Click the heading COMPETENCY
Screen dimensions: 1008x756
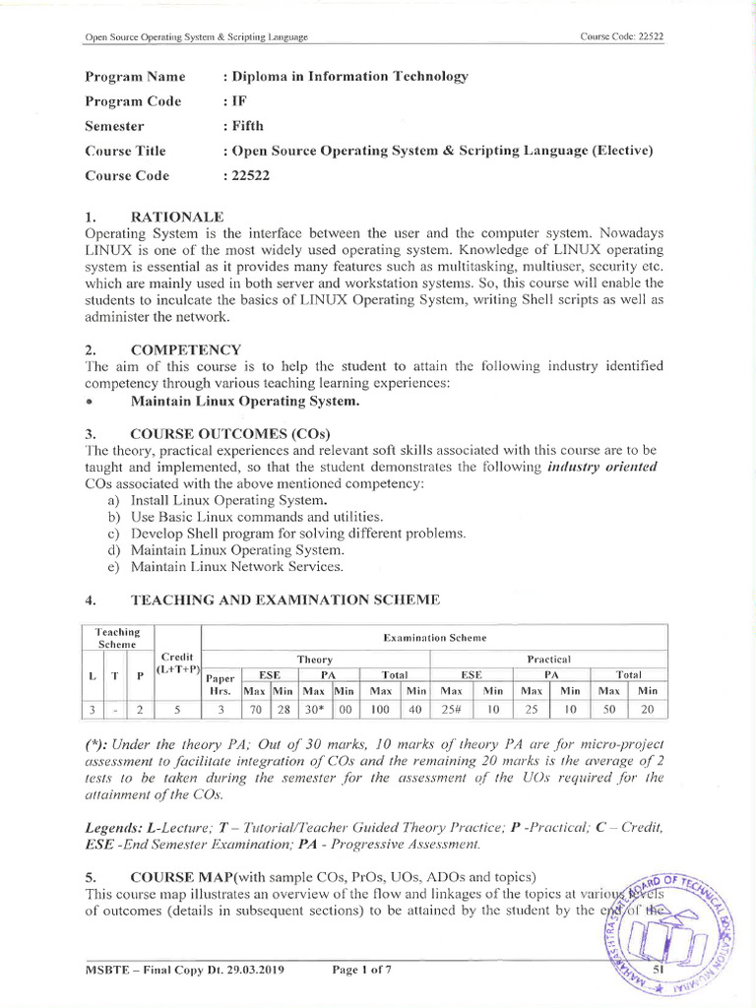coord(185,349)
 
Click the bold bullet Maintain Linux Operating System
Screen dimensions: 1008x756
coord(245,401)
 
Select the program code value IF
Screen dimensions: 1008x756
coord(236,101)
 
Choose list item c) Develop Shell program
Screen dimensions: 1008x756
coord(285,534)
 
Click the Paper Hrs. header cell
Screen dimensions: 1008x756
coord(221,683)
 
